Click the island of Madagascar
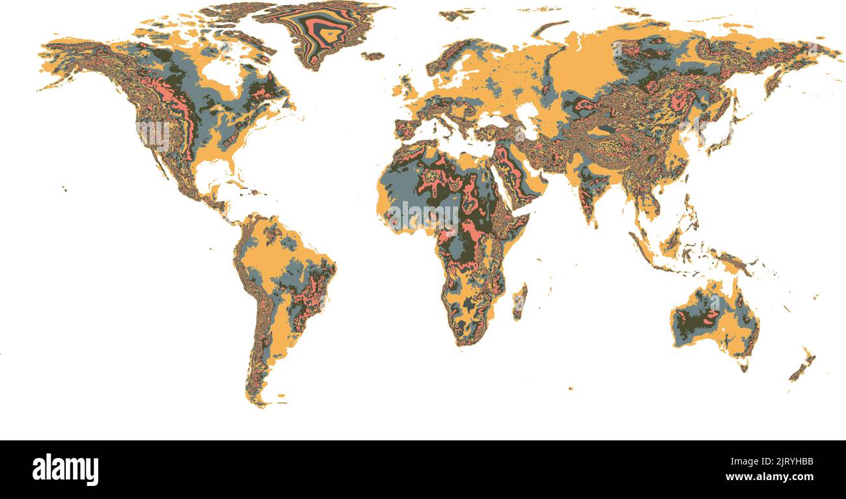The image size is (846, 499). pyautogui.click(x=519, y=302)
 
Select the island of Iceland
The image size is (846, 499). pyautogui.click(x=373, y=56)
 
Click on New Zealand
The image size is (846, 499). pyautogui.click(x=802, y=366)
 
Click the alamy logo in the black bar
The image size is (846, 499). pyautogui.click(x=65, y=469)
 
